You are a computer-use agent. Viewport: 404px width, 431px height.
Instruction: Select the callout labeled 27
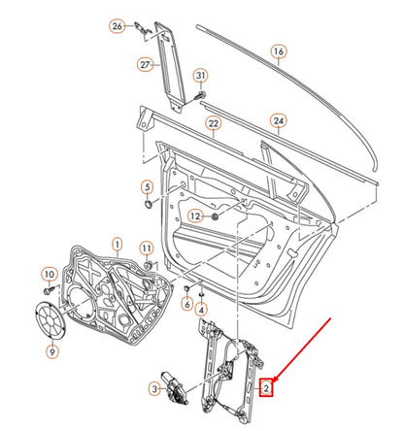(147, 66)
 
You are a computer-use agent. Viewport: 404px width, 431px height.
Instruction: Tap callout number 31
(201, 76)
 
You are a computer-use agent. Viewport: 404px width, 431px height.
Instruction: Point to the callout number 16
(279, 51)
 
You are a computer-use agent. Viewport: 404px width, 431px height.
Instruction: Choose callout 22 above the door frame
(214, 124)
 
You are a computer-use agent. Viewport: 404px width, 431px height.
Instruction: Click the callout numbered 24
(280, 122)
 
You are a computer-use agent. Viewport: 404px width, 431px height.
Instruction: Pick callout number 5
(147, 186)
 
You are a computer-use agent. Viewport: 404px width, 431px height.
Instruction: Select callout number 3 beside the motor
(153, 389)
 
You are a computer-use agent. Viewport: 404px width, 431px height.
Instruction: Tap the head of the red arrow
(275, 380)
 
